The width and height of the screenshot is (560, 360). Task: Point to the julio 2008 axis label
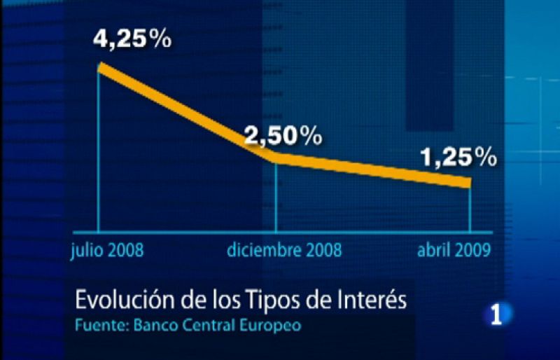(107, 250)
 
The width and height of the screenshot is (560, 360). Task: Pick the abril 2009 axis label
(451, 250)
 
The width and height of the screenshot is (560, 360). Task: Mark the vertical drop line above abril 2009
(468, 210)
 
